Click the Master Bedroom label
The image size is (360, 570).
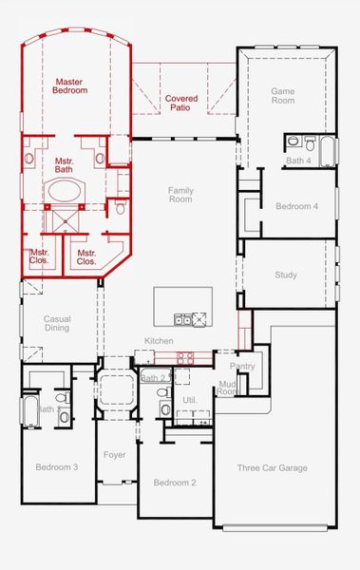(x=70, y=85)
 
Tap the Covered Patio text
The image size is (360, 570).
(x=181, y=104)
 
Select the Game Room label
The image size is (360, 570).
(x=284, y=96)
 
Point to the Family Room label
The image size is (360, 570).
(x=180, y=195)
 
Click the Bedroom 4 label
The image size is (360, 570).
(x=296, y=206)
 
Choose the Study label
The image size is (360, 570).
(x=286, y=275)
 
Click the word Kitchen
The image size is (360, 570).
(x=159, y=341)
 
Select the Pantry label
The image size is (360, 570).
(x=242, y=365)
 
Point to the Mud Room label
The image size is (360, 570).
(x=228, y=388)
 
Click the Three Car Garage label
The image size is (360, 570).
(x=271, y=468)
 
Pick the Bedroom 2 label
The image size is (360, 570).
(x=175, y=483)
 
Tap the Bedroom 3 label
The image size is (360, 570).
(x=57, y=467)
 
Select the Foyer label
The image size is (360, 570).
(x=115, y=455)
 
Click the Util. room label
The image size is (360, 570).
(x=189, y=401)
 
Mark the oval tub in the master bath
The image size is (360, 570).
(x=65, y=190)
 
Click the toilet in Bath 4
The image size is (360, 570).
(x=294, y=142)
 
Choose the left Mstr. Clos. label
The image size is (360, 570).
(x=40, y=256)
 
